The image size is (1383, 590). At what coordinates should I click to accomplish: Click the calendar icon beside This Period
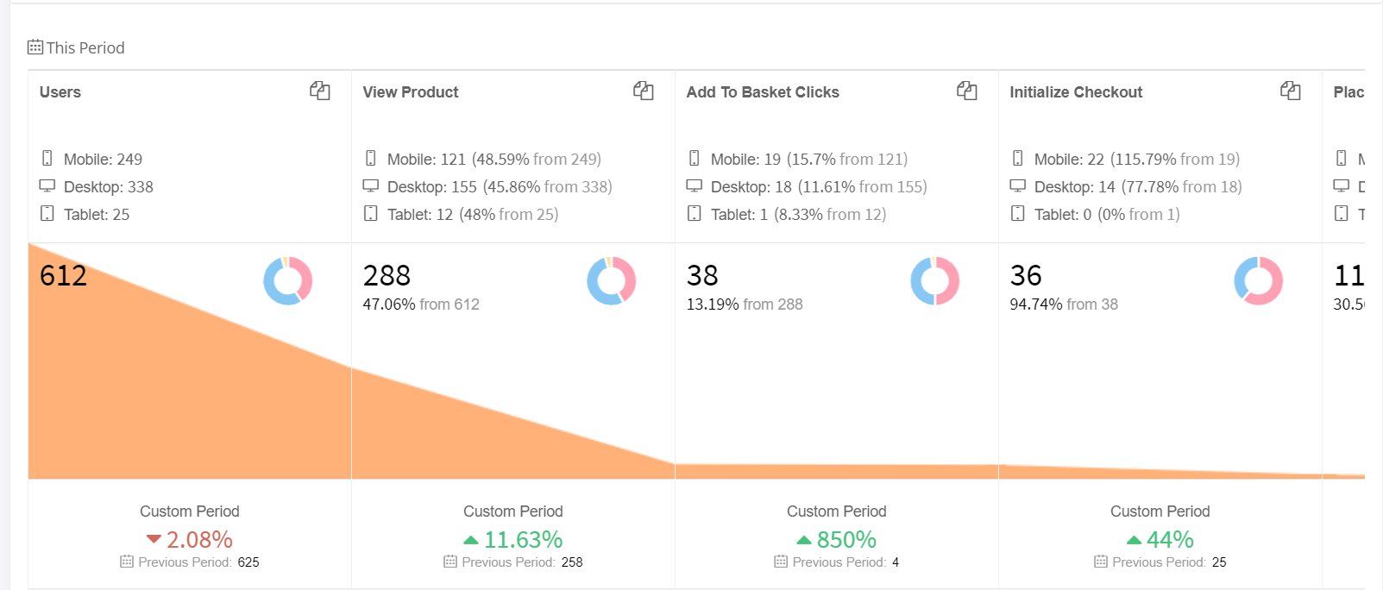pos(35,47)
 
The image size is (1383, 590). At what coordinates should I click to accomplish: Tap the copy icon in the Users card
pos(320,91)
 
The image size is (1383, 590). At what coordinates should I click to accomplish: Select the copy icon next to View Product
pos(644,91)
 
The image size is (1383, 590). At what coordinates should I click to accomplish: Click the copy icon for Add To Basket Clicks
pos(967,91)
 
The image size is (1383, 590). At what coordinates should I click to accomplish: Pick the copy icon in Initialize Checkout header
pos(1291,91)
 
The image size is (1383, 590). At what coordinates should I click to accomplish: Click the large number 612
pos(63,276)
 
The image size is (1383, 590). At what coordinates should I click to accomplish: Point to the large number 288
pos(387,276)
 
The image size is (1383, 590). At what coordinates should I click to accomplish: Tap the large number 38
pos(702,276)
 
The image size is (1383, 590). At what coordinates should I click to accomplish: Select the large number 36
pos(1026,276)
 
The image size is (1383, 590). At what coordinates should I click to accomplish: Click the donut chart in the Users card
pos(288,281)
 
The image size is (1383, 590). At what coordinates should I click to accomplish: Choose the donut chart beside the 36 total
pos(1259,281)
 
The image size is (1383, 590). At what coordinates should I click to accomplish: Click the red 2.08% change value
pos(199,540)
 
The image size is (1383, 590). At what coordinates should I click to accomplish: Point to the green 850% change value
pos(846,540)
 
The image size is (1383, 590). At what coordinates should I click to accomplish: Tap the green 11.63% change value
pos(523,540)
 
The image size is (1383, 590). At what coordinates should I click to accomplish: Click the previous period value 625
pos(248,562)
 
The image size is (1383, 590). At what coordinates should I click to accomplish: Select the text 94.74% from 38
pos(1064,304)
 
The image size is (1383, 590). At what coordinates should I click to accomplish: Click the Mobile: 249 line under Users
pos(103,160)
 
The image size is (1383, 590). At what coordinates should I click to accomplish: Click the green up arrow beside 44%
pos(1135,541)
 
